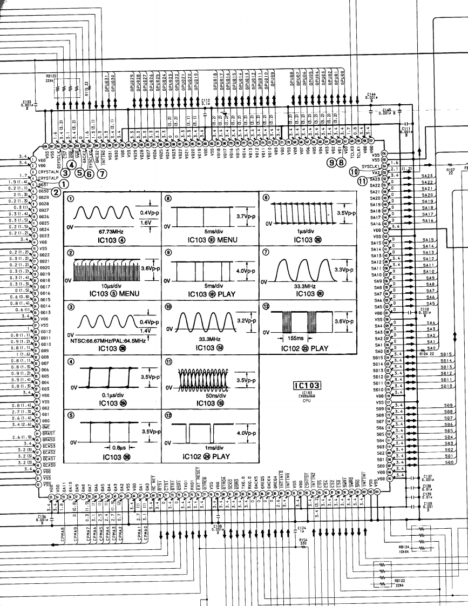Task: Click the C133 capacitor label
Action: (x=27, y=102)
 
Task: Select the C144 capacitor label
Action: (x=371, y=96)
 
